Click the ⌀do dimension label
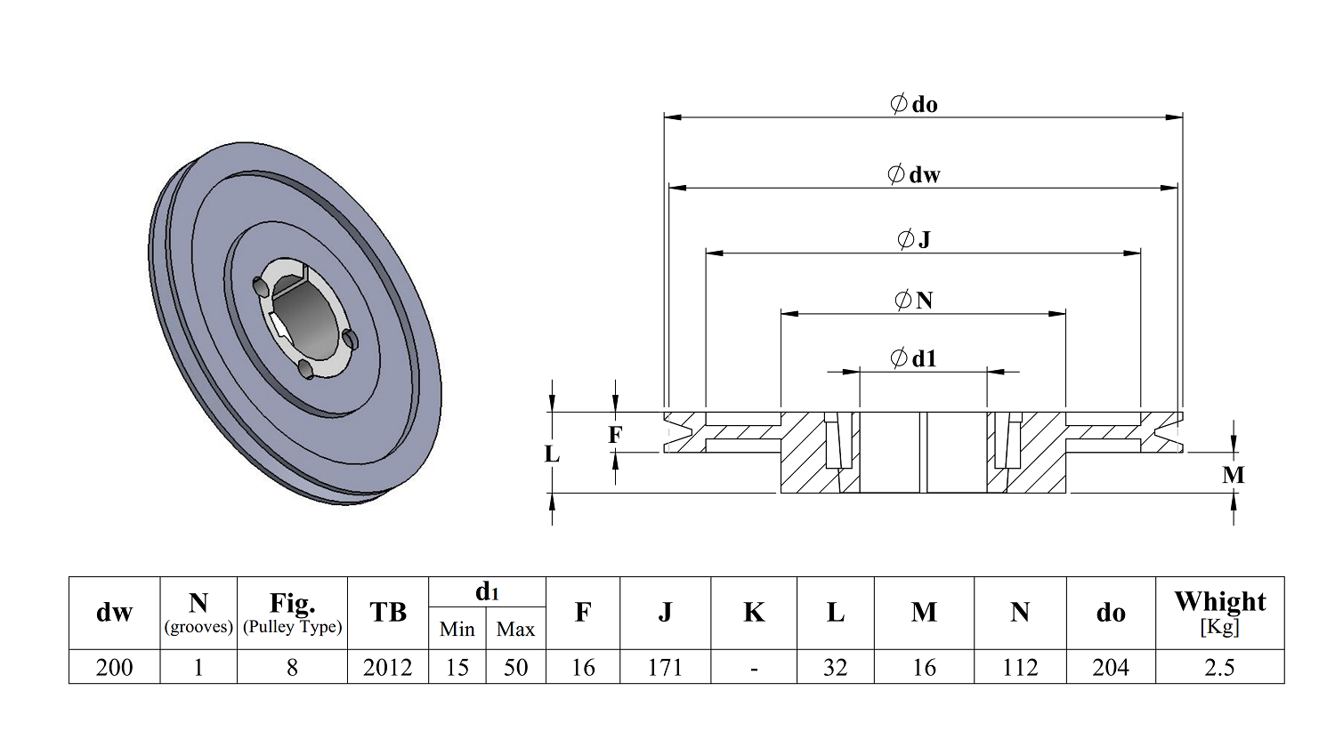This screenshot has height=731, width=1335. coord(914,104)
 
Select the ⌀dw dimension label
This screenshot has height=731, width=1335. coord(914,174)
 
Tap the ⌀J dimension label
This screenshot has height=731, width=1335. coord(914,239)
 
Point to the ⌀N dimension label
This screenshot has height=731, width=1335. coord(914,301)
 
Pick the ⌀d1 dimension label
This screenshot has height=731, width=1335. coord(914,358)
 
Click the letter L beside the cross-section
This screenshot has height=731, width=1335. coord(552,454)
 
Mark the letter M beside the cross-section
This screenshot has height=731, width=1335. coord(1234,475)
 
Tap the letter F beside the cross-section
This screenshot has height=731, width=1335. coord(615,435)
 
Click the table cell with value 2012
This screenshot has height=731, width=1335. coord(387,667)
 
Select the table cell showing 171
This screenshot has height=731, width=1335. coord(665,667)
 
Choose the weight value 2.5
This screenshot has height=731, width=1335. coord(1219,667)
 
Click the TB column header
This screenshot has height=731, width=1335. coord(387,613)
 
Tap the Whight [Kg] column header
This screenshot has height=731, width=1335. coord(1219,612)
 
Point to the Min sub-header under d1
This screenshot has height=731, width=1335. coord(457,630)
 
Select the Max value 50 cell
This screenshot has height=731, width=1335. coord(515,667)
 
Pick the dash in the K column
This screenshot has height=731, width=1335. coord(754,667)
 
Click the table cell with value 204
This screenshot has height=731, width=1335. coord(1110,667)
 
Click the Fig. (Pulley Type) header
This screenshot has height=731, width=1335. coord(292,613)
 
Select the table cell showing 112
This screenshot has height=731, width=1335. coord(1020,667)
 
